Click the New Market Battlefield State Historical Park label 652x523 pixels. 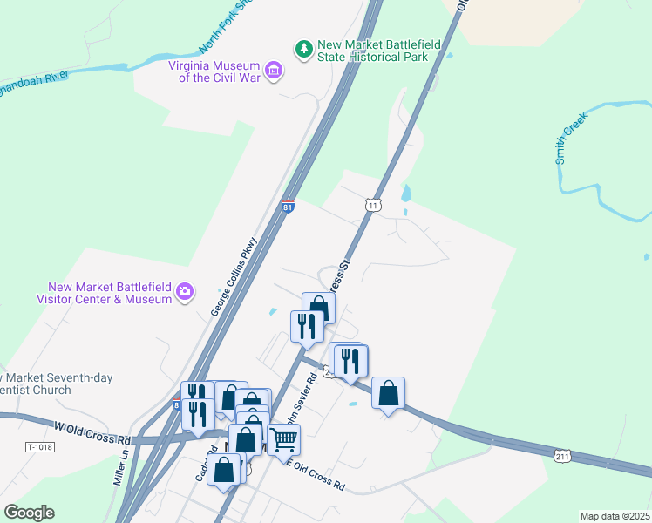point(372,51)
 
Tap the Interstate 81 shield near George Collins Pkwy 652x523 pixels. point(288,207)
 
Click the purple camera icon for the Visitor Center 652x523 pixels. point(184,292)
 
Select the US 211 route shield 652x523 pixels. point(562,455)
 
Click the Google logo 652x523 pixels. point(29,513)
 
